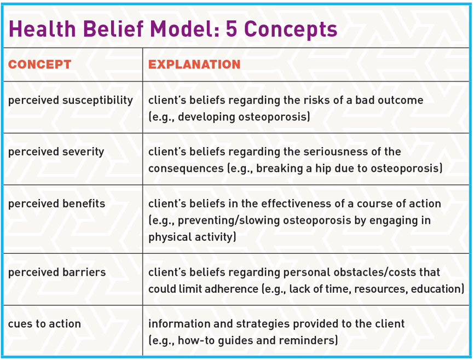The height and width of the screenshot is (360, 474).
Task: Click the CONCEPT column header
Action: [x=39, y=65]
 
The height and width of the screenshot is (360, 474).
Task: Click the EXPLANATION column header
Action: [x=194, y=65]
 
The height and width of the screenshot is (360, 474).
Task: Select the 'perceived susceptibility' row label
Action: [x=71, y=100]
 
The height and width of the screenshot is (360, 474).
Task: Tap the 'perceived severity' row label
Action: [x=56, y=152]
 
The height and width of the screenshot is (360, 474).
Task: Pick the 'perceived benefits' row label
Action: [x=56, y=204]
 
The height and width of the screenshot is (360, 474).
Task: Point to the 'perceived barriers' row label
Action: [x=57, y=272]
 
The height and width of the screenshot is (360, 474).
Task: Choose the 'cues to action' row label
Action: [x=44, y=324]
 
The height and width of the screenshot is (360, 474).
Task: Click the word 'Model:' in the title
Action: [x=178, y=28]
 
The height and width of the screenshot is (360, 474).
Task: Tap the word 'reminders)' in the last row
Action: [x=310, y=341]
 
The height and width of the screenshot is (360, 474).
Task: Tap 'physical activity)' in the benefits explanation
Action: [x=192, y=237]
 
